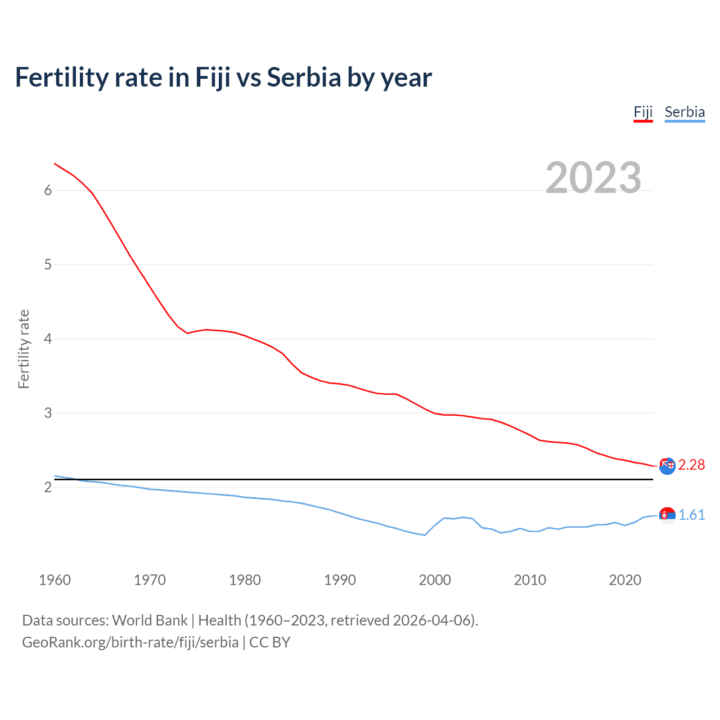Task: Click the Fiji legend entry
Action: click(643, 112)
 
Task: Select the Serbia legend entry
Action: click(685, 112)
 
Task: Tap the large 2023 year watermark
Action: click(593, 178)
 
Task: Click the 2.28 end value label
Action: click(691, 465)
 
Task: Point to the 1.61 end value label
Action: click(691, 515)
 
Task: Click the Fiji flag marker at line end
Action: click(667, 466)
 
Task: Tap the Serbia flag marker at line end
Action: click(667, 515)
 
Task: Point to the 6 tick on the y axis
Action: click(48, 191)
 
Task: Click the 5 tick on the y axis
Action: click(48, 265)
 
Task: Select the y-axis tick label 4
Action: click(48, 339)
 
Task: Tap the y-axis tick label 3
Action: click(48, 413)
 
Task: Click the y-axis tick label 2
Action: click(48, 488)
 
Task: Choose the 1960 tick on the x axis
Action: click(55, 580)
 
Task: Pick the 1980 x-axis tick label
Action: click(245, 580)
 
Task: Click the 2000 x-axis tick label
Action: click(435, 580)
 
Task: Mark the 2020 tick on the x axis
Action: click(625, 580)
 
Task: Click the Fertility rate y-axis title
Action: click(24, 349)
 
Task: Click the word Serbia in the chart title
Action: click(304, 78)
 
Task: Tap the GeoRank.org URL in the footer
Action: click(130, 642)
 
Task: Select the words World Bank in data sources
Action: click(150, 620)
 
